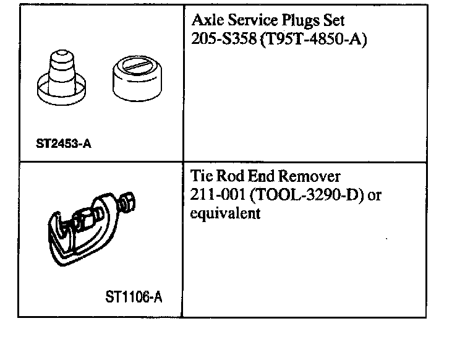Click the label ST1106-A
(134, 298)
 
